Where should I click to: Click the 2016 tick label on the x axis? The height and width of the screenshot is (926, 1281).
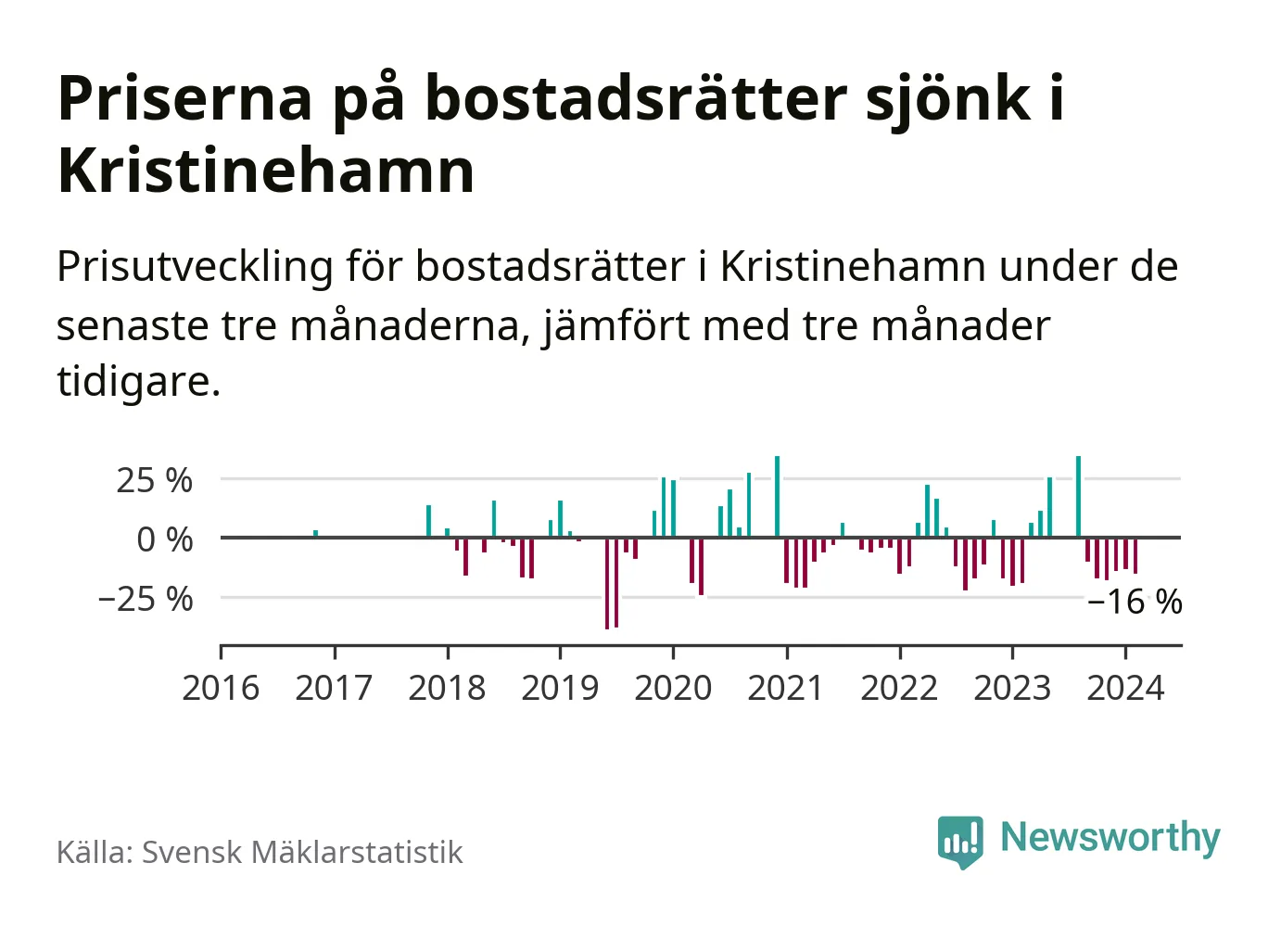coord(221,689)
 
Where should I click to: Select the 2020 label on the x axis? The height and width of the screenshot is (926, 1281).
coord(673,689)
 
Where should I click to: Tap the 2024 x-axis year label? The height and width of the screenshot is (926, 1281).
coord(1125,689)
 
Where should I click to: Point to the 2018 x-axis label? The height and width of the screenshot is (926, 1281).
coord(447,689)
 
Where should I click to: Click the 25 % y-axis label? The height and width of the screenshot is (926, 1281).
coord(154,481)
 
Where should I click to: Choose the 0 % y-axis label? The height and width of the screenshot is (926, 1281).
coord(164,539)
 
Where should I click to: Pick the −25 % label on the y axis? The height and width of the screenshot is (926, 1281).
coord(146,600)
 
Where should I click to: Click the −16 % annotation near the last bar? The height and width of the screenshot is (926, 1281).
coord(1135,603)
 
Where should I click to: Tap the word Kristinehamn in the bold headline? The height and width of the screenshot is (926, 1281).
coord(266,171)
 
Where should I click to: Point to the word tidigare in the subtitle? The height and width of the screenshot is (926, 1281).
coord(138,381)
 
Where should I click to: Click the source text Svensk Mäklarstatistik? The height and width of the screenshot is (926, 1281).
coord(302,853)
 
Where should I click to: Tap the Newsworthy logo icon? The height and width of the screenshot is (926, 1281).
coord(959,841)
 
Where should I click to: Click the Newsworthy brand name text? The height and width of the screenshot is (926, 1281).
coord(1110,837)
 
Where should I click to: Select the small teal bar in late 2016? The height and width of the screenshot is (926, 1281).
coord(315,533)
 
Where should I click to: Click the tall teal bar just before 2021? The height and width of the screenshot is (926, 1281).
coord(777,496)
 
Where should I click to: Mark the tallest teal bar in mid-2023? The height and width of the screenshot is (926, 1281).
coord(1078,496)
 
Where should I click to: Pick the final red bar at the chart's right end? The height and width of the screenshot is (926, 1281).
coord(1135,555)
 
